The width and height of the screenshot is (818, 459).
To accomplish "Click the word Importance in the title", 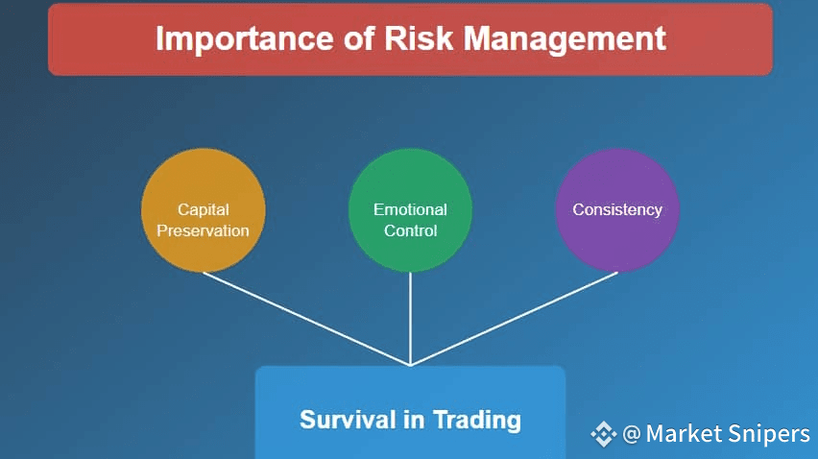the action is coord(245,39).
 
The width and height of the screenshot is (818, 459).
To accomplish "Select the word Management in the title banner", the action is coord(565,39).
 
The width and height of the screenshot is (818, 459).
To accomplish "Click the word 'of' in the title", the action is coord(359,38).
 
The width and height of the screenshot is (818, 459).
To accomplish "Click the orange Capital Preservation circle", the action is coord(203,210).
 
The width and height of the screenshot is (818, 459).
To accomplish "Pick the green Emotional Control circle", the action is coord(410,210).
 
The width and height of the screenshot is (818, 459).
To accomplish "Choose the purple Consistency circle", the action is coord(617,210).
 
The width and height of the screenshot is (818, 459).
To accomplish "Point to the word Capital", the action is coord(204,209).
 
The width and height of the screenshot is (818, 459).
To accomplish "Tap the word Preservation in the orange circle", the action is coord(203,230).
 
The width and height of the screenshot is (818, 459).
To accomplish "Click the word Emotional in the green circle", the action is coord(410,209).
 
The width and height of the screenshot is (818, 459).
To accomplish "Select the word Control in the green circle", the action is coord(410,230).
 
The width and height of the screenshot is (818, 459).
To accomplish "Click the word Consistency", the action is coord(617,209).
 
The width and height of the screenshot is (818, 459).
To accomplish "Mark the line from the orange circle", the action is coord(307,319).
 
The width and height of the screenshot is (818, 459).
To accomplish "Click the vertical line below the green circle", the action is coord(411,319).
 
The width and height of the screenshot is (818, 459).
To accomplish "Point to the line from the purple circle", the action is coord(514,319).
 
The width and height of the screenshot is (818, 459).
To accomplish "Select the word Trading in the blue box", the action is coord(477,421).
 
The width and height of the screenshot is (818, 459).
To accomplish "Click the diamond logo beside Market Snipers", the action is coord(604,434).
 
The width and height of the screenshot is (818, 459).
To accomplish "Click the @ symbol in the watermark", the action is coord(631,434).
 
